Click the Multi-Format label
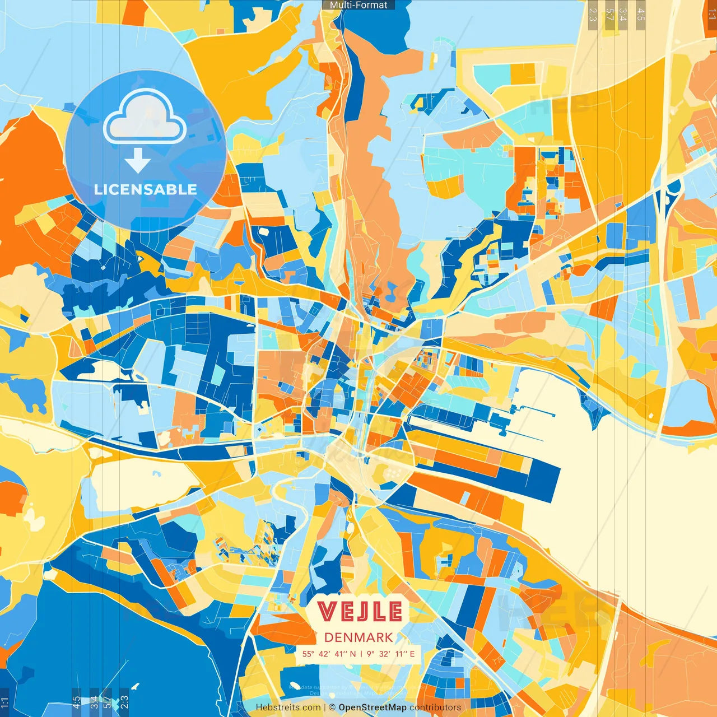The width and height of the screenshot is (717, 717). [x=358, y=5]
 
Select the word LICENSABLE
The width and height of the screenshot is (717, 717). [x=146, y=189]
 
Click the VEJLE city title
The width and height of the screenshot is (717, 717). [x=359, y=612]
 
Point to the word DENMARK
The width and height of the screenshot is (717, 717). [x=358, y=637]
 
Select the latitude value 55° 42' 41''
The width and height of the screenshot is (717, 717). [x=325, y=654]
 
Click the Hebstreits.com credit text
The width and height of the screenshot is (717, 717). [x=288, y=707]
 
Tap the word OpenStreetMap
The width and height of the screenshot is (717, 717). [x=372, y=707]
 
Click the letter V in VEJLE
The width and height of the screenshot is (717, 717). [x=327, y=612]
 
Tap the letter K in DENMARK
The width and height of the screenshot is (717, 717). [x=387, y=637]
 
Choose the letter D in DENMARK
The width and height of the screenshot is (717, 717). [x=329, y=637]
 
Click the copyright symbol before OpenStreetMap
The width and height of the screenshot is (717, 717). [x=332, y=707]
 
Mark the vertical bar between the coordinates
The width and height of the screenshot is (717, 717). [x=362, y=654]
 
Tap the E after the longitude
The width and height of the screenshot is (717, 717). [x=412, y=654]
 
